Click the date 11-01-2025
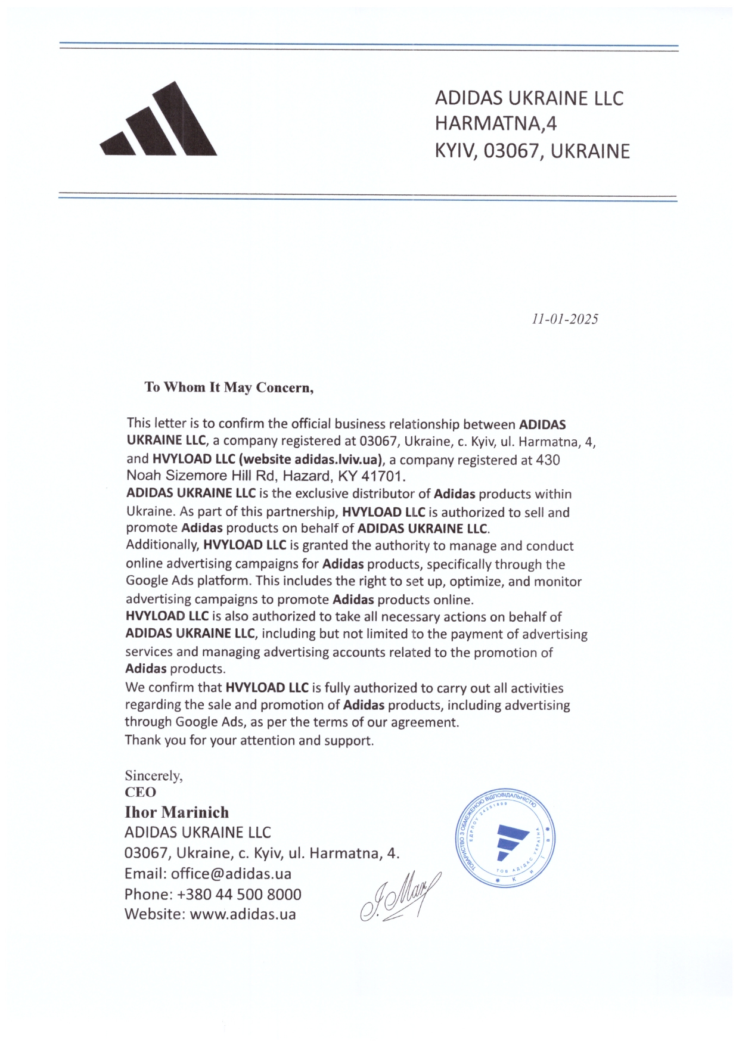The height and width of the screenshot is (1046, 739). (x=564, y=319)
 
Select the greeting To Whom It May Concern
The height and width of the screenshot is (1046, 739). (x=229, y=387)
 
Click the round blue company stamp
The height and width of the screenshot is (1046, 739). (x=505, y=840)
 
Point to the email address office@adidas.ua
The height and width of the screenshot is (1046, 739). (x=231, y=874)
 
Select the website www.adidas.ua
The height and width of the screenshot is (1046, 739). (x=243, y=914)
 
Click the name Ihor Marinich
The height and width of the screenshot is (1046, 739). (x=176, y=812)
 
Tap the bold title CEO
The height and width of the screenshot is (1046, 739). (x=140, y=792)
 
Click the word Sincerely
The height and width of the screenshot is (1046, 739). (x=153, y=775)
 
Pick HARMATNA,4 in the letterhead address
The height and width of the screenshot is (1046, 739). (x=495, y=123)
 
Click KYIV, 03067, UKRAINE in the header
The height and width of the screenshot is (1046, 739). (x=532, y=151)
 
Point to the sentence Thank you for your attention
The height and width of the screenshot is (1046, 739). (x=249, y=740)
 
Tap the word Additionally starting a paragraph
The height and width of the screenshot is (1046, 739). (x=162, y=545)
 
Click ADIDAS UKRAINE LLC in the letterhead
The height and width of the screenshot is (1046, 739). (x=529, y=98)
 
